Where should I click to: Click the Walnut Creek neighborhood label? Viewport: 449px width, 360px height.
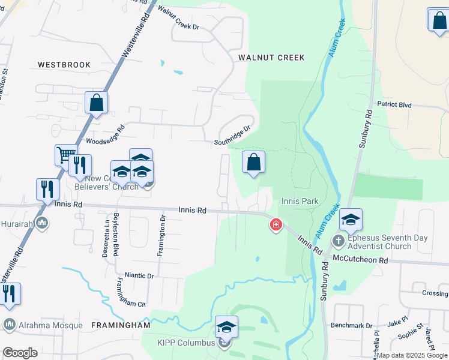coord(271,58)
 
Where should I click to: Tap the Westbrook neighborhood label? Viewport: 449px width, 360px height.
coord(64,65)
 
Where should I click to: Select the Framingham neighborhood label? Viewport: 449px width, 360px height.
coord(120,325)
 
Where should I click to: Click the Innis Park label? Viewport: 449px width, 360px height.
coord(300,201)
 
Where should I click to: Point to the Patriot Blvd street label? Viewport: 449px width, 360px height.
coord(394,104)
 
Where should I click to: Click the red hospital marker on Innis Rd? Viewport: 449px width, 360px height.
coord(276,225)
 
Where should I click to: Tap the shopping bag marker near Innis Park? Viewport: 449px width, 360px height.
coord(253,161)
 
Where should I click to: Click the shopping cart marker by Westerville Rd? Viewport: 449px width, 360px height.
coord(65,155)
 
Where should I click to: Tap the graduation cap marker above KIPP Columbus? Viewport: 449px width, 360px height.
coord(226,326)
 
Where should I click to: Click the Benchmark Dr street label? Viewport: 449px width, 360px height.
coord(351,325)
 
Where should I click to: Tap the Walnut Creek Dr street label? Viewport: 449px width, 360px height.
coord(178,19)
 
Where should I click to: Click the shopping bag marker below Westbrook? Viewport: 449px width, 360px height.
coord(96,103)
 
